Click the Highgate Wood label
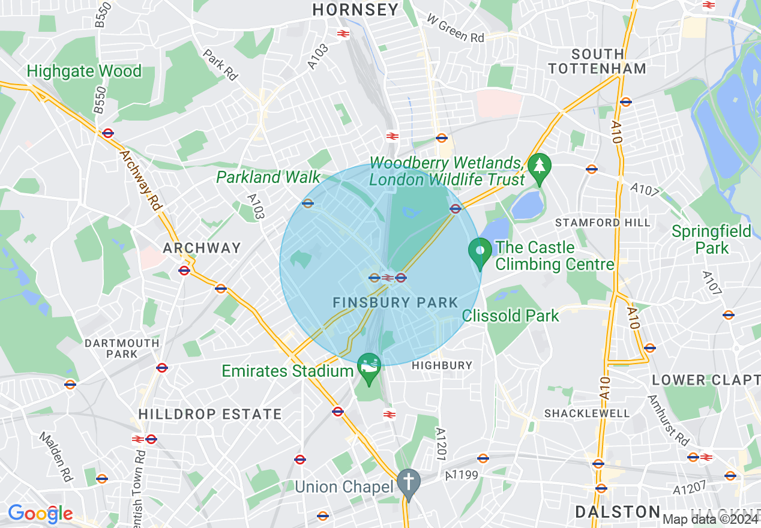tap(84, 71)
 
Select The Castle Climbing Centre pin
tap(480, 252)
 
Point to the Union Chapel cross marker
tap(409, 482)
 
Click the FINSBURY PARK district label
tap(396, 303)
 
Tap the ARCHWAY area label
tap(202, 248)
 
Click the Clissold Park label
tap(511, 316)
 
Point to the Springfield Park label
tap(711, 239)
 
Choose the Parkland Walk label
tap(268, 177)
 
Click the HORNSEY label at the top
tap(355, 10)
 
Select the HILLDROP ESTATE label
tap(210, 414)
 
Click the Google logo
tap(40, 514)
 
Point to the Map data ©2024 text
tap(711, 519)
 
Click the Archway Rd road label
tap(142, 180)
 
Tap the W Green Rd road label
tap(456, 28)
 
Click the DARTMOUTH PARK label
tap(122, 349)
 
